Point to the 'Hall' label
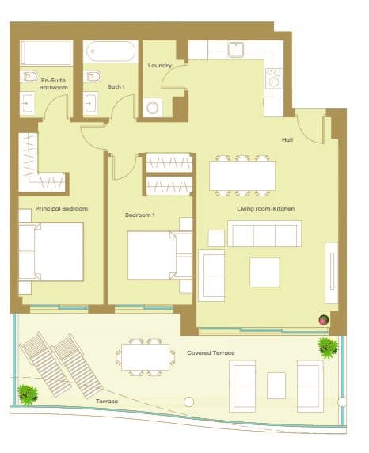tap(288, 140)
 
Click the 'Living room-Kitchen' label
tap(266, 208)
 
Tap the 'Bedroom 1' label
tap(139, 215)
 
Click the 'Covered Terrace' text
tap(211, 352)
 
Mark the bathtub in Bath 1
tap(111, 52)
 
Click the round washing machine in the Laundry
tap(154, 106)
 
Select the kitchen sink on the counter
tap(235, 49)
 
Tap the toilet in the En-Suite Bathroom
tap(29, 77)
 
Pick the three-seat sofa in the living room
tap(264, 234)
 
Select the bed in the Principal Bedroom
tap(51, 252)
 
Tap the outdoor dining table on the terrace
tap(145, 357)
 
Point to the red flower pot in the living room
tap(323, 319)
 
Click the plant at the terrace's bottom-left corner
tap(29, 393)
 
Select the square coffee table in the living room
tap(264, 272)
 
